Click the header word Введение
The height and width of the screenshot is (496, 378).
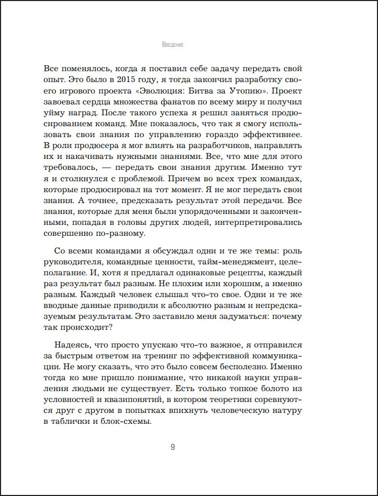[173, 45]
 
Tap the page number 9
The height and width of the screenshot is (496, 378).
[173, 447]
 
